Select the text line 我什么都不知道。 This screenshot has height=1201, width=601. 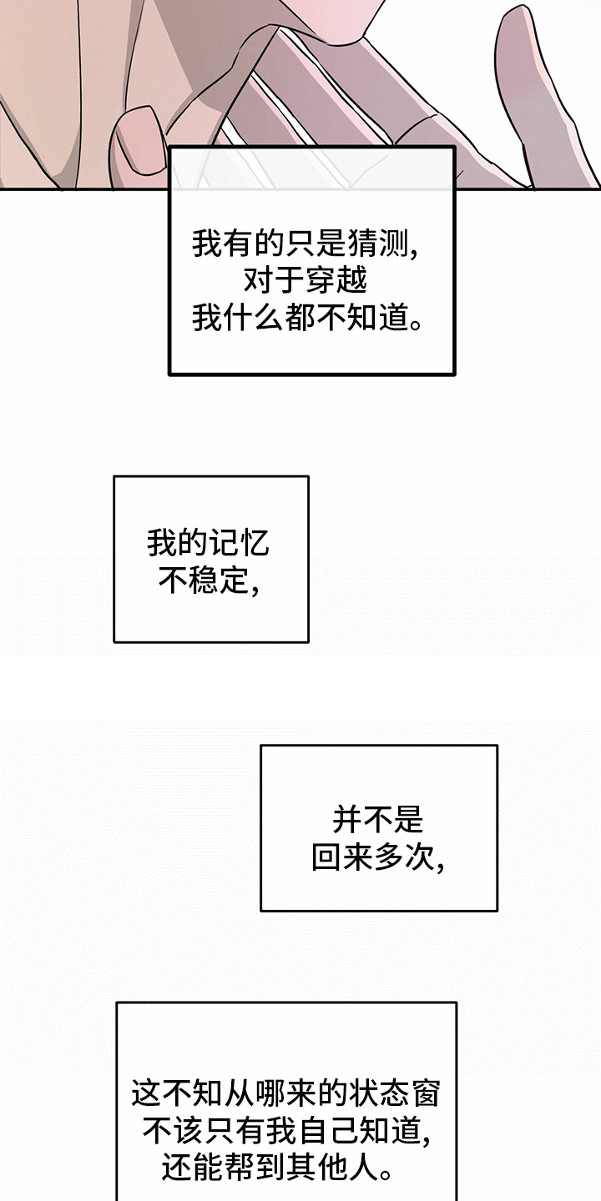pyautogui.click(x=306, y=318)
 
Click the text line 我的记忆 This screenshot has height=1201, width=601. pyautogui.click(x=208, y=544)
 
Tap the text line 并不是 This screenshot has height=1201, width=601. pyautogui.click(x=378, y=821)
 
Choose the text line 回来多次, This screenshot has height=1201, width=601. pyautogui.click(x=378, y=858)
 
